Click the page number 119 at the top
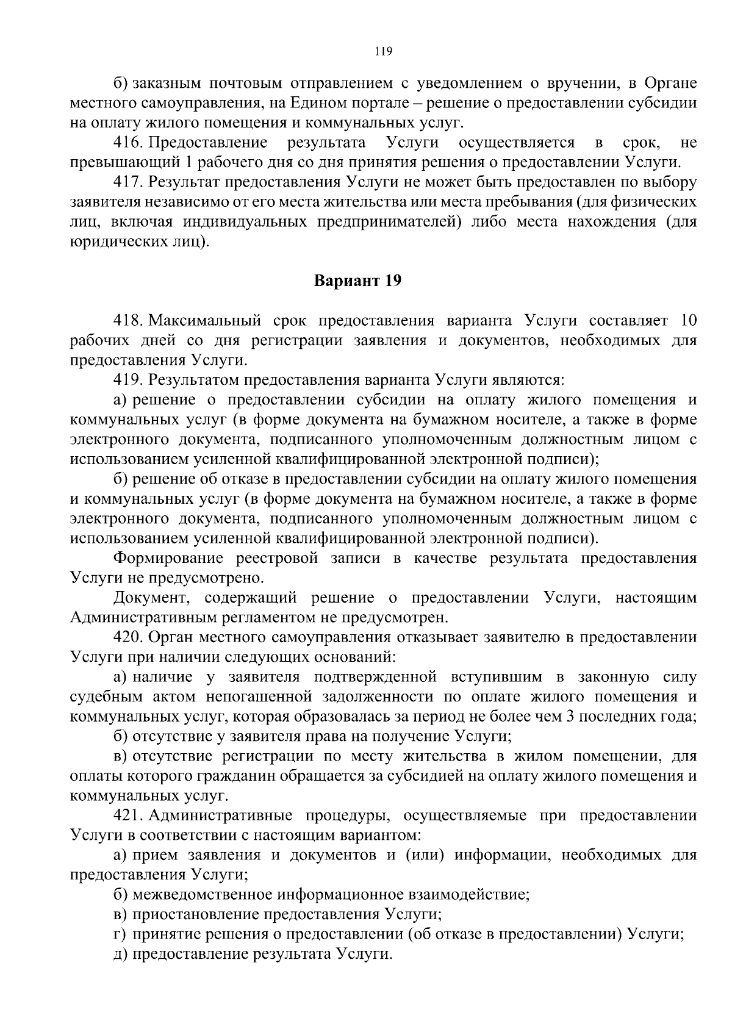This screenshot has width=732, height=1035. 383,51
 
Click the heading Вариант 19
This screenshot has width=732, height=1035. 358,281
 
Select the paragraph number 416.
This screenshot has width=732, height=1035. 127,143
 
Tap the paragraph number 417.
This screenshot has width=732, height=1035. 127,182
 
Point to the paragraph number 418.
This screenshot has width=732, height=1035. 127,321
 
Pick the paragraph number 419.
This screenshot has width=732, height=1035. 127,380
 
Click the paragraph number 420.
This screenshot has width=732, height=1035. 127,638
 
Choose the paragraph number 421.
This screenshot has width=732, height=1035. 127,816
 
